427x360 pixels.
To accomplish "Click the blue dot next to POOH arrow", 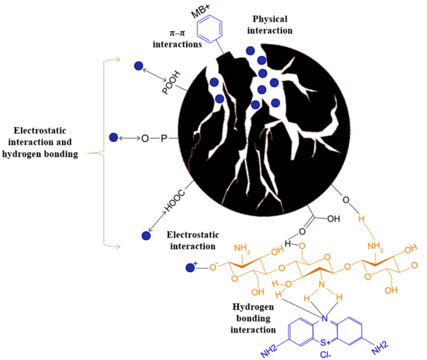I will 138,66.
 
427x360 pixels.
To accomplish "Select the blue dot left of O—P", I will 113,137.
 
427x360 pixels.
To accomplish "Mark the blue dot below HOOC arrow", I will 146,236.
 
